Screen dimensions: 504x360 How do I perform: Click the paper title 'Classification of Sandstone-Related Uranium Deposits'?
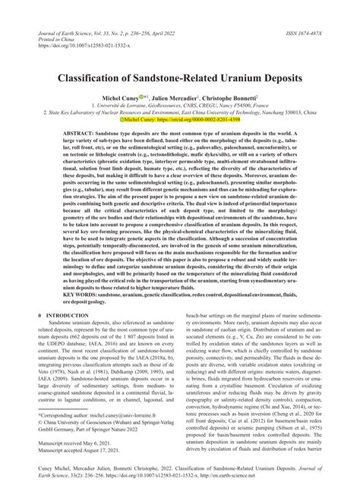pos(180,78)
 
